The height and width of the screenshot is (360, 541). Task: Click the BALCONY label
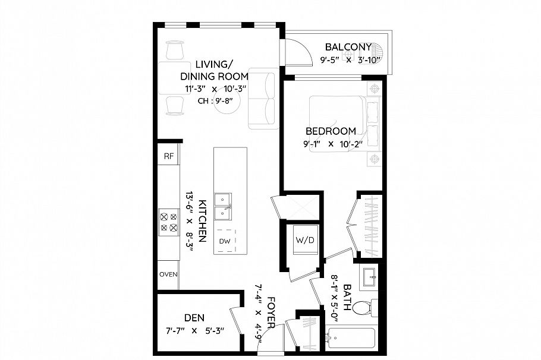coord(348,47)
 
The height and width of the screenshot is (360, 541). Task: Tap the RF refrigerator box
coord(169,156)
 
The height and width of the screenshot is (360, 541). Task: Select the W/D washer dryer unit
coord(304,241)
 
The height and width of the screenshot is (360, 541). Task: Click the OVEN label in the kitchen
coord(168,274)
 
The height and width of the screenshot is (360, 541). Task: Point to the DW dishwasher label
coord(225,241)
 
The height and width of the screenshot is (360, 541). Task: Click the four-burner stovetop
coord(168,221)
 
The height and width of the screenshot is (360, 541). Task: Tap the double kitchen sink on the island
coord(224,204)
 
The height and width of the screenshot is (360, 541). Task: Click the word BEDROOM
coord(331,131)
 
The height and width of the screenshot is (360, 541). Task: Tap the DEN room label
coord(194,318)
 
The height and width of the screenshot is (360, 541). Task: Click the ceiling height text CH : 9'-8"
coord(215,101)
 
